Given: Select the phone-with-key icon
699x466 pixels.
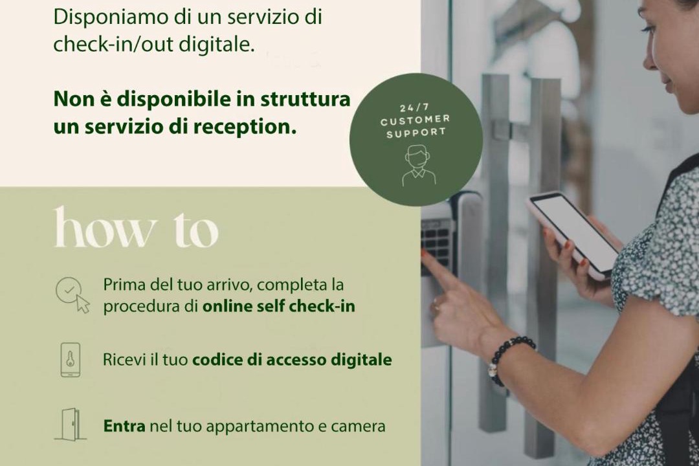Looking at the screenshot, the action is coord(71,360).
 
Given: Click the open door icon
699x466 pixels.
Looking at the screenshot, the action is coord(70,424).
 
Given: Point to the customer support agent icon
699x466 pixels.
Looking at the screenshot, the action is coord(418,166).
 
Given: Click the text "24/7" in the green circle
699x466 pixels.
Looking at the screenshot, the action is coord(415,107).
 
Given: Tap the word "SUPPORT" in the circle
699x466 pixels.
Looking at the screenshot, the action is coord(416,133).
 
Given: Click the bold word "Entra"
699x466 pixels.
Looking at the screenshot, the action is coord(124,426).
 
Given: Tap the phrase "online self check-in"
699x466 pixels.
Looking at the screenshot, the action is coord(278,306).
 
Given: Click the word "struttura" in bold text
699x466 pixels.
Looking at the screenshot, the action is coord(305,99).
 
